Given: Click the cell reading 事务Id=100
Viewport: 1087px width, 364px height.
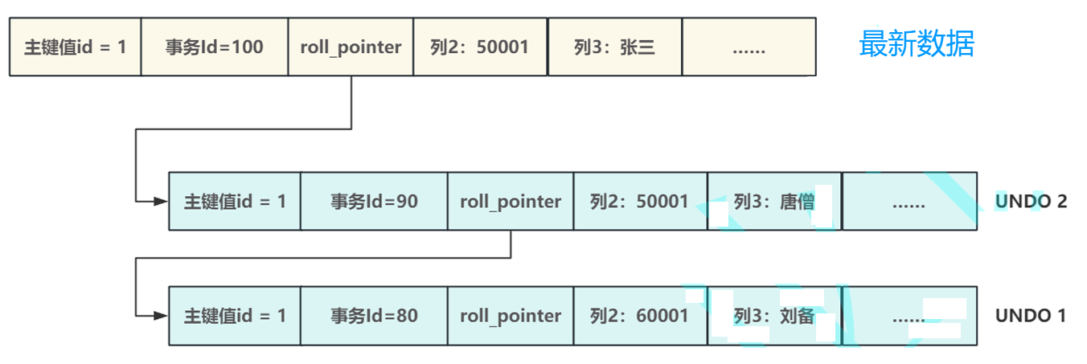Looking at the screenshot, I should pyautogui.click(x=214, y=47).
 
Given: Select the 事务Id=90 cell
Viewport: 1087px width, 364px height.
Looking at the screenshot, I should pyautogui.click(x=374, y=201).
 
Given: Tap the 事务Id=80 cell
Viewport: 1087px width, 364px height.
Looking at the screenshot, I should pyautogui.click(x=374, y=316).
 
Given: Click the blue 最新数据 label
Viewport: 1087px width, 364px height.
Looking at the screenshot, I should pyautogui.click(x=916, y=44).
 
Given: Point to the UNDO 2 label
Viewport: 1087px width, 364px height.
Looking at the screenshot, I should pyautogui.click(x=1031, y=202).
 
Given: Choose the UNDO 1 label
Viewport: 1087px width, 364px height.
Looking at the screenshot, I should pyautogui.click(x=1031, y=316).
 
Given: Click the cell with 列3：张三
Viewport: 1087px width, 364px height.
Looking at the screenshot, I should pyautogui.click(x=614, y=47).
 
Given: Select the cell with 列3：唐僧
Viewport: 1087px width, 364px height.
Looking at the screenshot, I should pyautogui.click(x=774, y=201).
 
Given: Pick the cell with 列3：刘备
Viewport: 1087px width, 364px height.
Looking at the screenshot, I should pyautogui.click(x=774, y=316).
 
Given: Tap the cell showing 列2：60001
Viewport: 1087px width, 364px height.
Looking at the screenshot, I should pyautogui.click(x=640, y=316).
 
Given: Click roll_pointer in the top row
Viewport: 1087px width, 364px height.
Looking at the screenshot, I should pyautogui.click(x=351, y=47).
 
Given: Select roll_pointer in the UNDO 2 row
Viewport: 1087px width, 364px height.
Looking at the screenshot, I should pyautogui.click(x=511, y=201).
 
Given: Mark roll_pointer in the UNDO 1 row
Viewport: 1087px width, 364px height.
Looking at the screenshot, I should pyautogui.click(x=511, y=316).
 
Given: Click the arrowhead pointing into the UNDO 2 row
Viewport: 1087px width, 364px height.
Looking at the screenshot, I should pyautogui.click(x=162, y=201).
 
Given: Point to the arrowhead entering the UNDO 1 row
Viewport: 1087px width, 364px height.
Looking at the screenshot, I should pyautogui.click(x=162, y=316).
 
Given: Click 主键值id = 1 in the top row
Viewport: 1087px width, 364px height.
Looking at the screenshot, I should pyautogui.click(x=76, y=47).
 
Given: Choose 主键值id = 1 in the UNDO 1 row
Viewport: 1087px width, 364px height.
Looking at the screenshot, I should pyautogui.click(x=235, y=316).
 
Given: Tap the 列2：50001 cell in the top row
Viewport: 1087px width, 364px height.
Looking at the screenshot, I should pyautogui.click(x=480, y=47).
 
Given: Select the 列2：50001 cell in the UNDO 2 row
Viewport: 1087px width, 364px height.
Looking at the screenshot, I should pyautogui.click(x=640, y=201).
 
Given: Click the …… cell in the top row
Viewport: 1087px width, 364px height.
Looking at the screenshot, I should pyautogui.click(x=749, y=47).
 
